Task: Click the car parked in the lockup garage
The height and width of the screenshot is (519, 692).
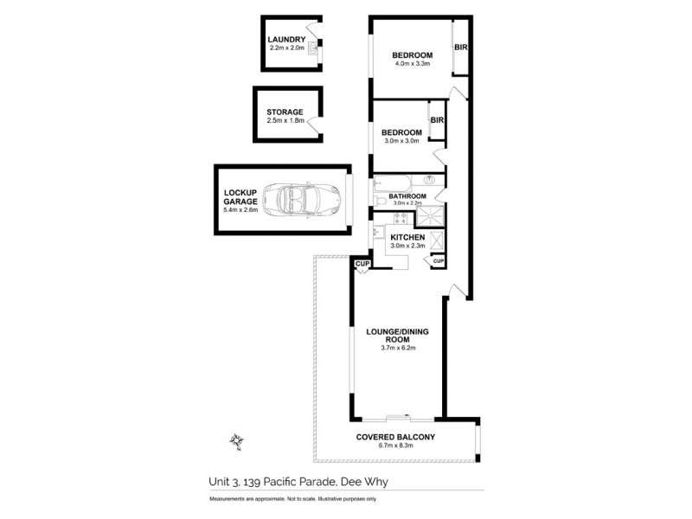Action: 304,200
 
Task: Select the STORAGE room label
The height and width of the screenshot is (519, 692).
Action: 285,112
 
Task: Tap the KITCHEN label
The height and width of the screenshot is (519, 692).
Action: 407,236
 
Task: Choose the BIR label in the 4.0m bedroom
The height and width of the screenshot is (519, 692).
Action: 461,48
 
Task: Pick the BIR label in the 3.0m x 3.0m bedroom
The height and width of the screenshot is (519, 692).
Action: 437,120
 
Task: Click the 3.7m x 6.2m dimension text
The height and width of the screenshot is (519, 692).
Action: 399,349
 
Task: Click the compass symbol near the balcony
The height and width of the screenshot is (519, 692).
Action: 235,441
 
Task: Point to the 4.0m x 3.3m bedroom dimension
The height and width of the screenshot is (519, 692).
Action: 413,65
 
